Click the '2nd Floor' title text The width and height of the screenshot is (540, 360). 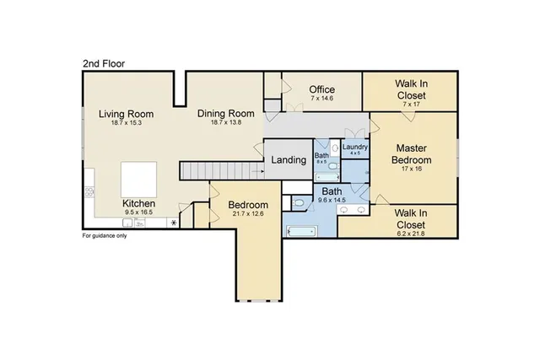(105, 62)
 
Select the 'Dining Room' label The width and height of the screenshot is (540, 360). (226, 114)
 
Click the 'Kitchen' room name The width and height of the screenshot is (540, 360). (139, 203)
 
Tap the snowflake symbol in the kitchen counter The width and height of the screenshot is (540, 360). (174, 223)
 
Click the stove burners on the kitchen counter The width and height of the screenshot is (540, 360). (88, 192)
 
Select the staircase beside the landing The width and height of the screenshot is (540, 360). (217, 171)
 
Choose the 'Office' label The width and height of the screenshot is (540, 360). (321, 89)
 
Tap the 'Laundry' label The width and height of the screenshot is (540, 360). (354, 148)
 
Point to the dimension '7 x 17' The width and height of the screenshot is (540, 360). (410, 105)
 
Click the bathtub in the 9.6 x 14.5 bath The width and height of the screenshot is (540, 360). (300, 230)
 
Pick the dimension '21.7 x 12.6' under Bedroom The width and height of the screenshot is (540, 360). (248, 214)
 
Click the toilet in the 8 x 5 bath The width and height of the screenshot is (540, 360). (332, 167)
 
